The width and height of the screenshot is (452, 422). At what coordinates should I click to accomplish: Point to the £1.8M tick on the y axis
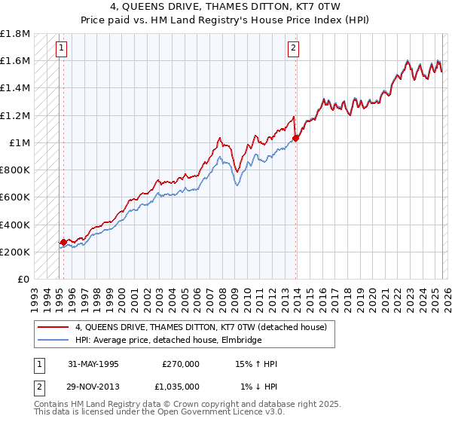[16, 34]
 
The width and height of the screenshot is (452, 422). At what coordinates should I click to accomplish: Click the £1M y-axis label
[20, 142]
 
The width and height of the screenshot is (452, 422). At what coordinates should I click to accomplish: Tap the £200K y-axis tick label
[16, 252]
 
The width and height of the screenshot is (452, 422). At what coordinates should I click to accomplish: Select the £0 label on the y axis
[24, 279]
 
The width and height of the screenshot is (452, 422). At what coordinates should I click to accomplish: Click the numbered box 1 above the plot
[61, 49]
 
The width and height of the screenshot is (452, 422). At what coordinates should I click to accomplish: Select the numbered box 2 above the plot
[293, 49]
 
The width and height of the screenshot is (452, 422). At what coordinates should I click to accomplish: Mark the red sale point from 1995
[63, 243]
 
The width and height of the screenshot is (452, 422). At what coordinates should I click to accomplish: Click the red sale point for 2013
[296, 138]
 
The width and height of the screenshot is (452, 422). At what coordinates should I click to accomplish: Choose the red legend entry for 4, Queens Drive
[200, 328]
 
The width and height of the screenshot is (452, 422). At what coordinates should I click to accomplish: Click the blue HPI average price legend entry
[168, 341]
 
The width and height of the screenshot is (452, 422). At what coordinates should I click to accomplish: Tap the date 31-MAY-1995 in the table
[93, 364]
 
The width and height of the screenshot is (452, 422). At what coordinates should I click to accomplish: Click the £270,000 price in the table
[180, 364]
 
